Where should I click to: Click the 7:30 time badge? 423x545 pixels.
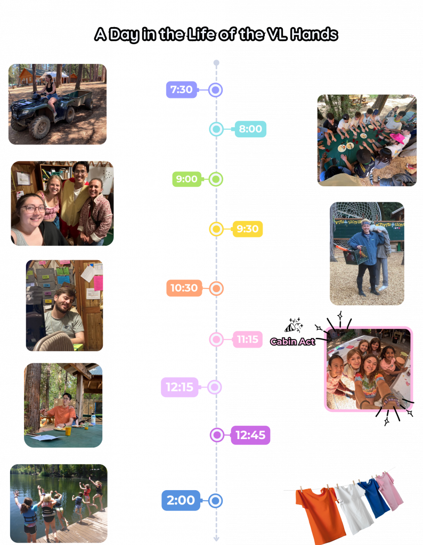pyautogui.click(x=182, y=89)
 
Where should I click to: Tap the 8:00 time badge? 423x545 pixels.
pyautogui.click(x=250, y=129)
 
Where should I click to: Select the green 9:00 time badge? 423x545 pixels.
pyautogui.click(x=186, y=179)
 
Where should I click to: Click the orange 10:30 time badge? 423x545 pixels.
pyautogui.click(x=184, y=288)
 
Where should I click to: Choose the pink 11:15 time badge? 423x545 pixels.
pyautogui.click(x=248, y=339)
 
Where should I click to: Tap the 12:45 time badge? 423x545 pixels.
pyautogui.click(x=250, y=435)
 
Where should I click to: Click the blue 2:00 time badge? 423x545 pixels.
pyautogui.click(x=181, y=500)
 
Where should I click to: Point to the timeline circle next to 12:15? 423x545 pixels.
pyautogui.click(x=215, y=387)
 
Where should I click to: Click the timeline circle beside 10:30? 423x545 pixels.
pyautogui.click(x=216, y=288)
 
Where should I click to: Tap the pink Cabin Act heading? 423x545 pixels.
pyautogui.click(x=292, y=342)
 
